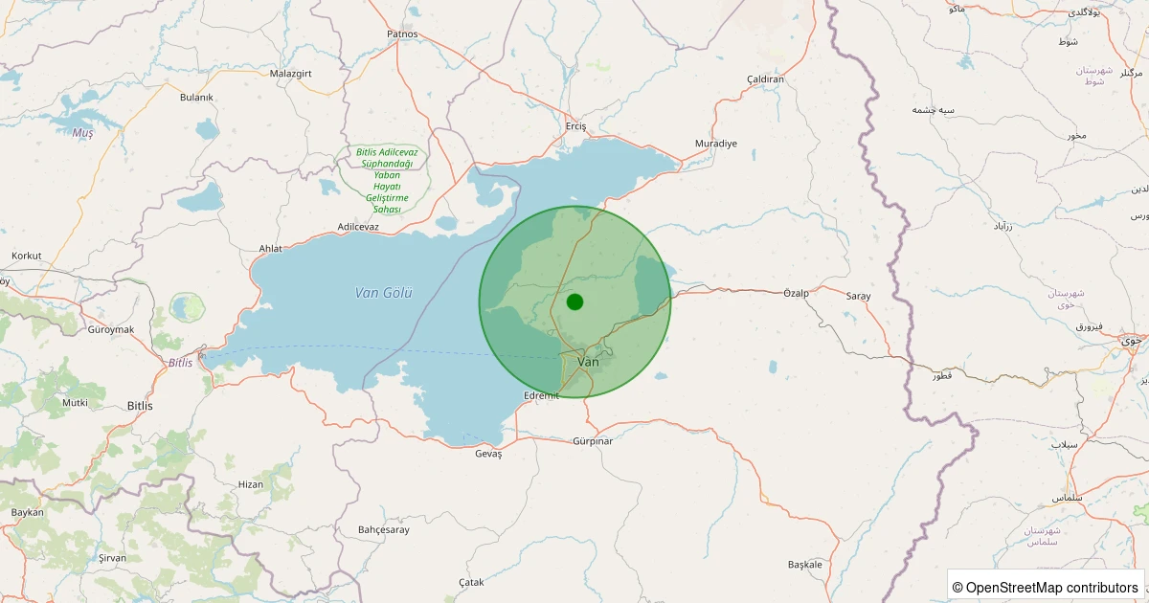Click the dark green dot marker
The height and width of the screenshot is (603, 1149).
tap(574, 301)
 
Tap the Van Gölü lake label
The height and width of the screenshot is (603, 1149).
tap(383, 293)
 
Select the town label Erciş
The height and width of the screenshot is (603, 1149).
tap(575, 126)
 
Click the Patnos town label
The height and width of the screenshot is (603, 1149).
tap(402, 33)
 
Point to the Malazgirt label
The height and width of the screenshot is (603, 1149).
tap(292, 73)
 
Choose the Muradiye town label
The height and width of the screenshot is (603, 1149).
tap(716, 144)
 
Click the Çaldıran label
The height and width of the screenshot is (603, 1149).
tap(766, 78)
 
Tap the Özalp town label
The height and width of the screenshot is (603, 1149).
tap(797, 293)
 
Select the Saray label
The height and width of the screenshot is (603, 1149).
tap(858, 296)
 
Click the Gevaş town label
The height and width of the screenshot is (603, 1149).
tap(488, 454)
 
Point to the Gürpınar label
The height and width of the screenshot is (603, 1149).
tap(592, 441)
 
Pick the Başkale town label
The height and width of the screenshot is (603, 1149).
tap(805, 564)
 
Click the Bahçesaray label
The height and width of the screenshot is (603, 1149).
tap(383, 529)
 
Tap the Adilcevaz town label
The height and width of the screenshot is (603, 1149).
tap(358, 227)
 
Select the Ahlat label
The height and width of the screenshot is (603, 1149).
tap(271, 249)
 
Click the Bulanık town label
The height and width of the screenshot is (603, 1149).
tap(196, 97)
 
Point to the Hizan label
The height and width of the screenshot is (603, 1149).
tap(250, 484)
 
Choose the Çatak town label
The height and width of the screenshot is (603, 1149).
tap(472, 582)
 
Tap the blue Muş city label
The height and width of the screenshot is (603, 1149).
tap(83, 133)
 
